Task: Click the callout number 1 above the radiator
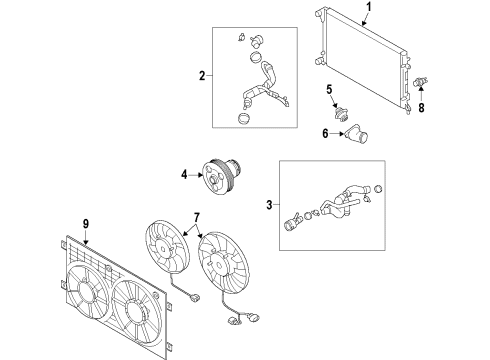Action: pyautogui.click(x=368, y=6)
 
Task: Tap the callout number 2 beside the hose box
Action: pyautogui.click(x=202, y=76)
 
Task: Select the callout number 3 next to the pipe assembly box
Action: pyautogui.click(x=269, y=205)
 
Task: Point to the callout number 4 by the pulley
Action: pyautogui.click(x=184, y=174)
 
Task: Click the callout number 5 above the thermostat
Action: pyautogui.click(x=329, y=89)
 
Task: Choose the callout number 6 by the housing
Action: pyautogui.click(x=325, y=134)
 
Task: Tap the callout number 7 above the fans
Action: pyautogui.click(x=197, y=218)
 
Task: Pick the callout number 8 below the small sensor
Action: pyautogui.click(x=422, y=108)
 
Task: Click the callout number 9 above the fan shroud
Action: pyautogui.click(x=86, y=224)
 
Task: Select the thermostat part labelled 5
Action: pyautogui.click(x=341, y=115)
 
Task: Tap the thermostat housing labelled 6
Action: pyautogui.click(x=356, y=133)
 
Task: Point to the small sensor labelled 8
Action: pyautogui.click(x=420, y=81)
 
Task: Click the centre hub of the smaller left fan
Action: pyautogui.click(x=163, y=249)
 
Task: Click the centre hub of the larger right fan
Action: pyautogui.click(x=219, y=265)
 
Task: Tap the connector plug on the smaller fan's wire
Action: pyautogui.click(x=194, y=297)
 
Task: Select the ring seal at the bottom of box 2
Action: pyautogui.click(x=245, y=118)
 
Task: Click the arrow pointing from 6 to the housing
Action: pyautogui.click(x=337, y=134)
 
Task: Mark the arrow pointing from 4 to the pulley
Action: pyautogui.click(x=196, y=174)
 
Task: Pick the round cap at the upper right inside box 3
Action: pyautogui.click(x=378, y=189)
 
